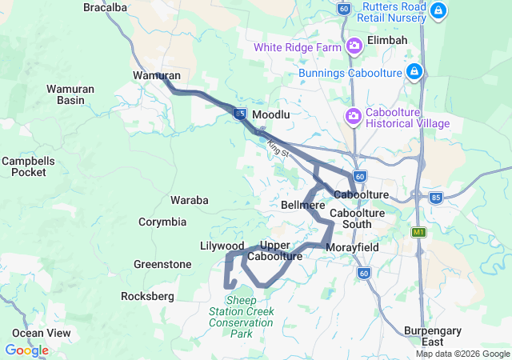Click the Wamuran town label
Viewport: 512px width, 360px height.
(156, 75)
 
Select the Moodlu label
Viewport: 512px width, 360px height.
(270, 115)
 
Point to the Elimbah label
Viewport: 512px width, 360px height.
(387, 40)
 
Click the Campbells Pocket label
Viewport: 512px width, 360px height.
(28, 166)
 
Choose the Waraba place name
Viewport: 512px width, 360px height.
(190, 200)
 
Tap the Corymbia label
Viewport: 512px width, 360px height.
(162, 222)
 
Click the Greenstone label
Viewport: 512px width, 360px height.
(162, 264)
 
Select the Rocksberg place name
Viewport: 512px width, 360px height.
(147, 296)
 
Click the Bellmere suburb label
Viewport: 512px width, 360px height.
(303, 206)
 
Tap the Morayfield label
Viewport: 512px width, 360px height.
(352, 247)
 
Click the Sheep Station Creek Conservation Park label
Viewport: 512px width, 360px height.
(241, 316)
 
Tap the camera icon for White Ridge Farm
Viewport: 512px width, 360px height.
(354, 47)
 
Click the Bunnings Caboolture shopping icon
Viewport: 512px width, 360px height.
(414, 73)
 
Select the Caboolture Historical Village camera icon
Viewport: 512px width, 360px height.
(353, 118)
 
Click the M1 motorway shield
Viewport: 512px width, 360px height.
(418, 232)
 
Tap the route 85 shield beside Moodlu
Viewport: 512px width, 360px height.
(240, 114)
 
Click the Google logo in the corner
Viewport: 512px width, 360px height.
(26, 350)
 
